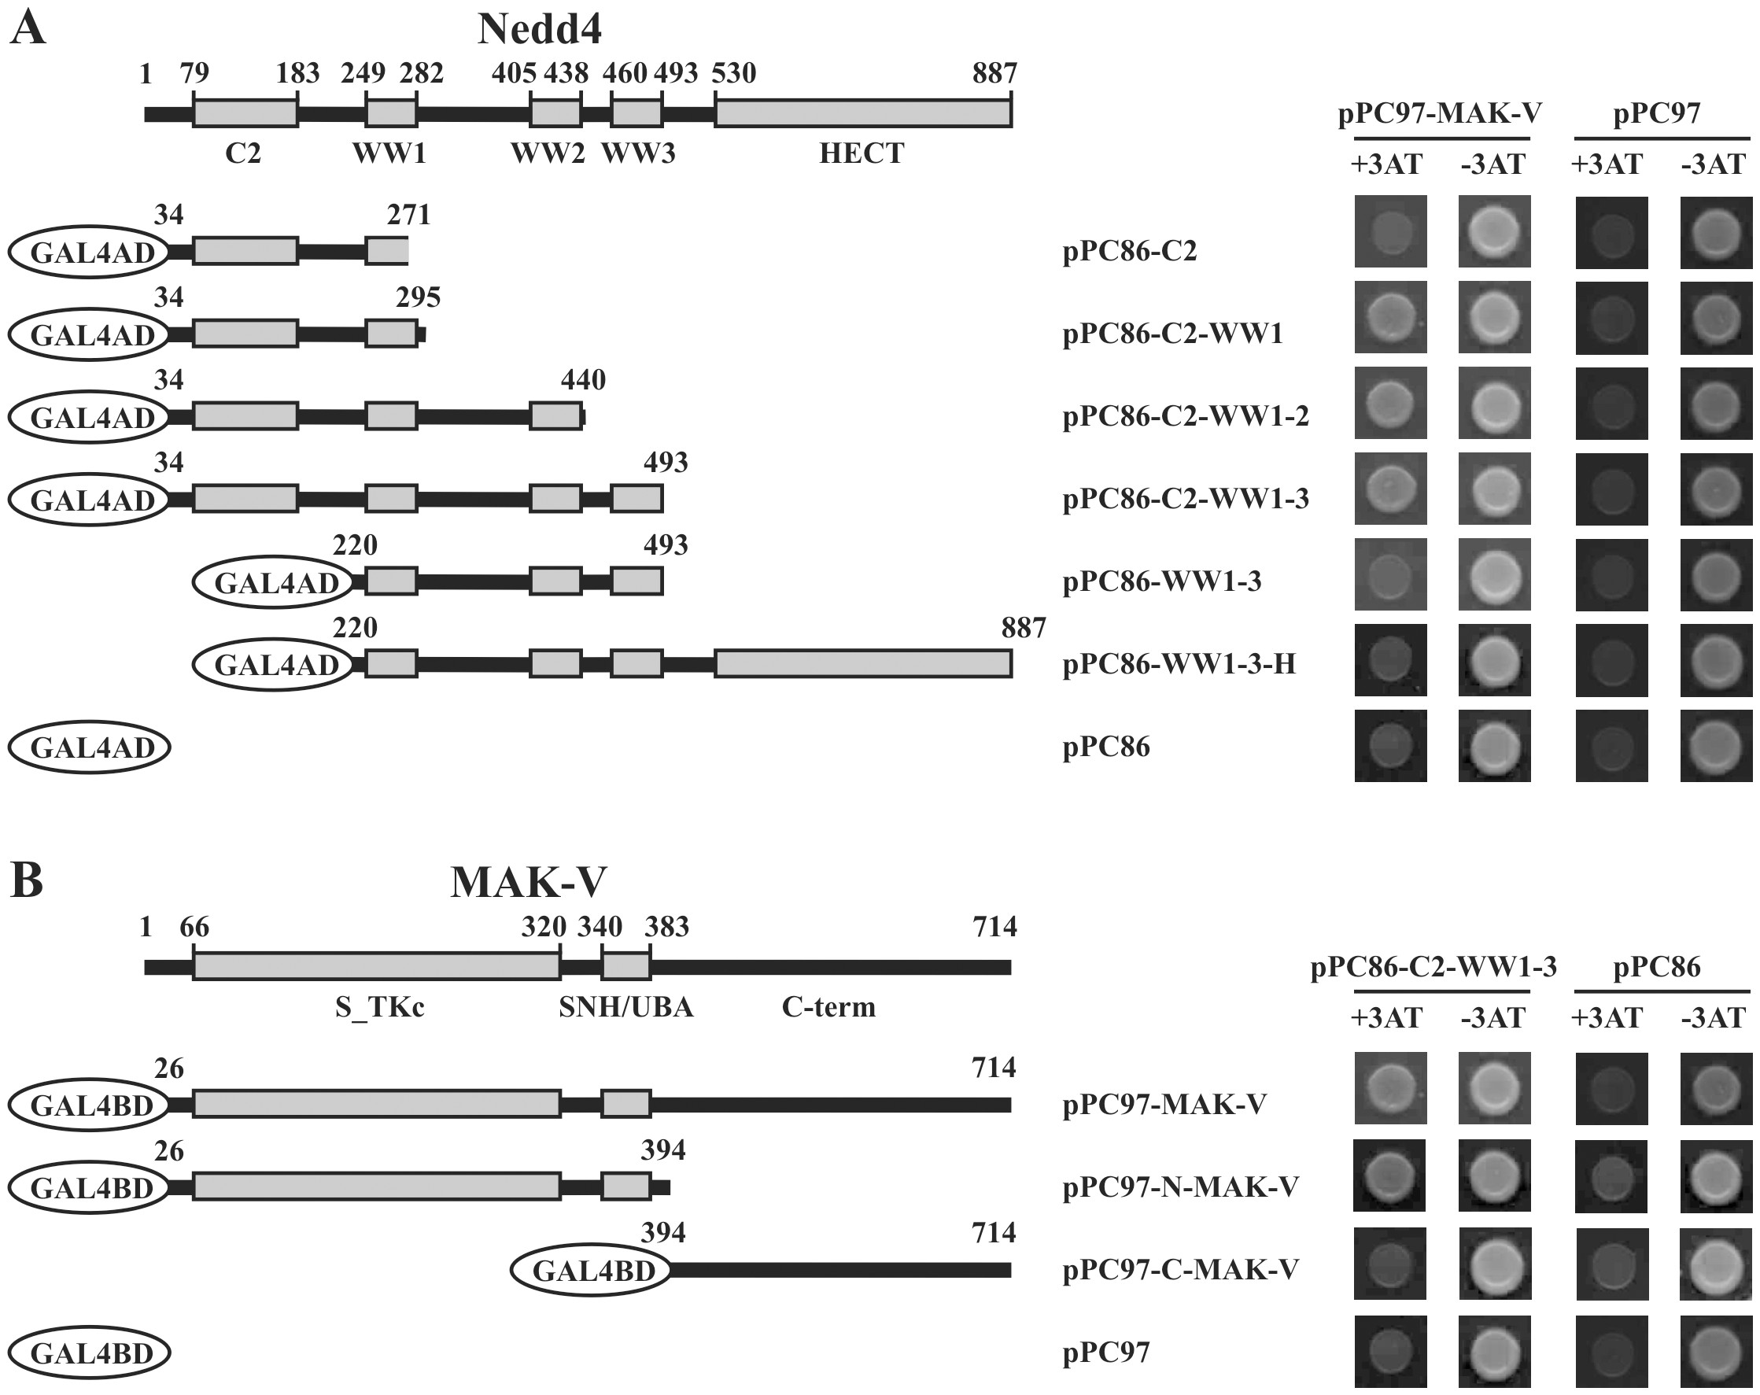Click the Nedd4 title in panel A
point(540,30)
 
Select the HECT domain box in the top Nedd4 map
point(863,113)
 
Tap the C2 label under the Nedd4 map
point(243,153)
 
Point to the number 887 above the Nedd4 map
point(994,74)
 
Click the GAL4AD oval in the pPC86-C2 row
point(89,253)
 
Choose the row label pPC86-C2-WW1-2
point(1186,416)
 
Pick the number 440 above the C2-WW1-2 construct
point(583,379)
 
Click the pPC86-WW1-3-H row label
point(1179,664)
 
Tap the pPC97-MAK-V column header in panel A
point(1440,113)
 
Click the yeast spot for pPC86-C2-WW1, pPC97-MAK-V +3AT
point(1390,318)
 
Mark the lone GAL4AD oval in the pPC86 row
point(89,747)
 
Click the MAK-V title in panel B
point(528,882)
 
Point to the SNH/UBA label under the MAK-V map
point(626,1007)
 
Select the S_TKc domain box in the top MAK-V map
point(376,966)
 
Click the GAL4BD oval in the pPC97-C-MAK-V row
point(591,1270)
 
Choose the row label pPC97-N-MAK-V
point(1180,1186)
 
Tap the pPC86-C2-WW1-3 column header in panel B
point(1433,967)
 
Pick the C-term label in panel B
point(828,1007)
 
